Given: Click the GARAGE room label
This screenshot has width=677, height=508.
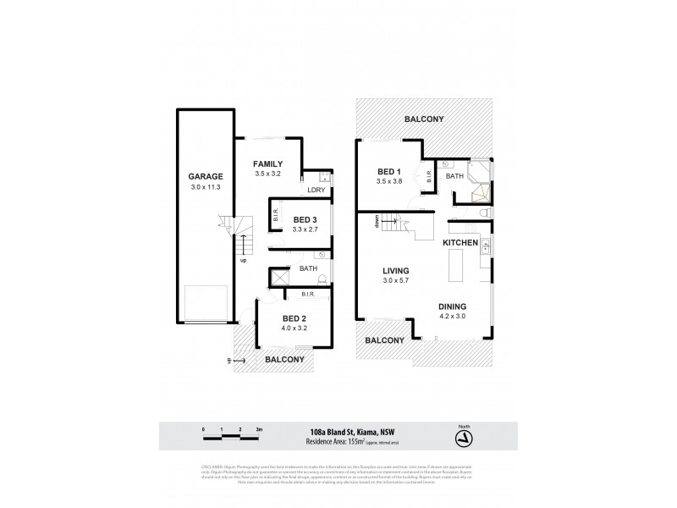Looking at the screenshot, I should pyautogui.click(x=206, y=177).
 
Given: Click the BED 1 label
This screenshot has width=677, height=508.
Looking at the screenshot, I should pyautogui.click(x=391, y=171).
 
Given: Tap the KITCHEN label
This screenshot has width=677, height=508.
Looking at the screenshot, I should pyautogui.click(x=460, y=243).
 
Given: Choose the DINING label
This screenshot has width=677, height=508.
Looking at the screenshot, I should pyautogui.click(x=454, y=307).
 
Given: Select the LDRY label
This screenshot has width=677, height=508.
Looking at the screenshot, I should pyautogui.click(x=317, y=190).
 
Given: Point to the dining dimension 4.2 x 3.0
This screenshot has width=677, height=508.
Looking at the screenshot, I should pyautogui.click(x=454, y=317).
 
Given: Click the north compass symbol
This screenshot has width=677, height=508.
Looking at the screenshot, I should pyautogui.click(x=461, y=439).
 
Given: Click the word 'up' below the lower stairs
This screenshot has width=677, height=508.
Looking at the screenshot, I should pyautogui.click(x=245, y=261).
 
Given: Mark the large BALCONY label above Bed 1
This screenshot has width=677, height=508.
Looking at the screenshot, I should pyautogui.click(x=424, y=119).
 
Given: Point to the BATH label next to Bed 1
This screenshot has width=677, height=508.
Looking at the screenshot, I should pyautogui.click(x=454, y=176).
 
